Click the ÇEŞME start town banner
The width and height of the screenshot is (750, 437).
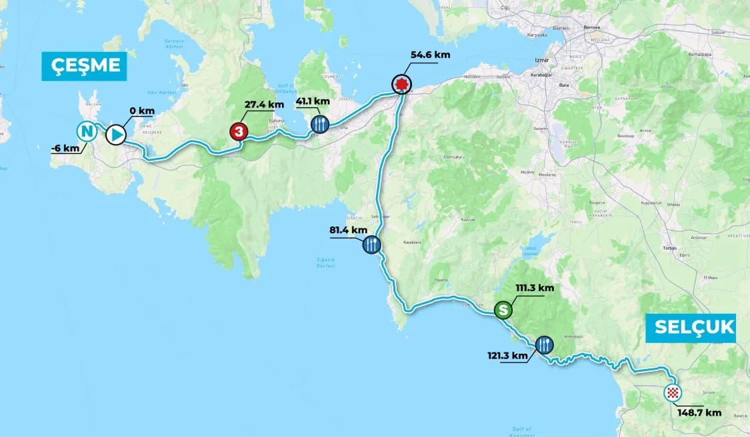(84, 65)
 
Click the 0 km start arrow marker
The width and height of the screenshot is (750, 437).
(115, 135)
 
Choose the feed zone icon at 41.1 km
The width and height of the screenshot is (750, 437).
(320, 123)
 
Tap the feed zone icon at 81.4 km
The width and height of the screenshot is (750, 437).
(372, 245)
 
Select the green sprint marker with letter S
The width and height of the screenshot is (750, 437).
(503, 310)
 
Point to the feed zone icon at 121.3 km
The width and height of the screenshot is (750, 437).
(544, 344)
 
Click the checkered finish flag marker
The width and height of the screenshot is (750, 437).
(673, 393)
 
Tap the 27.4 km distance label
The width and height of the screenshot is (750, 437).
(265, 104)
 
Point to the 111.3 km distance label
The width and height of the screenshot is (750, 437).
(535, 288)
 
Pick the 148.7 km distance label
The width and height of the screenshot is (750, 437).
(699, 412)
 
